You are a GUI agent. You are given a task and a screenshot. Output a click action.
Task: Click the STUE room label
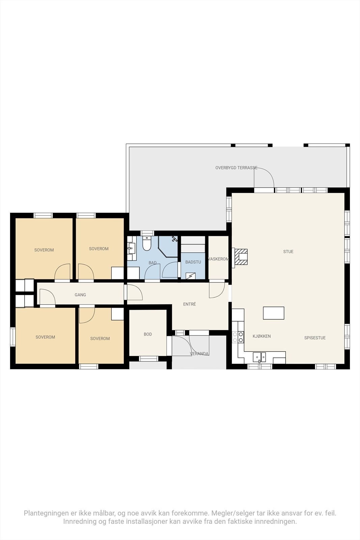pyautogui.click(x=288, y=251)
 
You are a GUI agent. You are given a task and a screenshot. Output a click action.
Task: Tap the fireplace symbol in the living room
pyautogui.click(x=241, y=257)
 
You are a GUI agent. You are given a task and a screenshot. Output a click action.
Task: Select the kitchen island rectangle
pyautogui.click(x=274, y=313)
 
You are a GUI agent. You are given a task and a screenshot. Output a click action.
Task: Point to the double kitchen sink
pyautogui.click(x=259, y=357)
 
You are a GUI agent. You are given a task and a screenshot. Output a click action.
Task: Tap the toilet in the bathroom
pyautogui.click(x=146, y=244)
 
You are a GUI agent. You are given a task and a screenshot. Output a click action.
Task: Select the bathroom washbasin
pyautogui.click(x=131, y=249)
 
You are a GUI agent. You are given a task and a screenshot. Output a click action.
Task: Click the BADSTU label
pyautogui.click(x=193, y=262)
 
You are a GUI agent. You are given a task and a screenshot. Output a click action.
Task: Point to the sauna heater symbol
pyautogui.click(x=191, y=276)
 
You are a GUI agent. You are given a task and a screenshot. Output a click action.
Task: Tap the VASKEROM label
pyautogui.click(x=219, y=259)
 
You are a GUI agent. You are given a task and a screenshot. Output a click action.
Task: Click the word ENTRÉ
pyautogui.click(x=189, y=304)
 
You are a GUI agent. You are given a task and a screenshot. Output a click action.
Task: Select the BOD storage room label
pyautogui.click(x=148, y=334)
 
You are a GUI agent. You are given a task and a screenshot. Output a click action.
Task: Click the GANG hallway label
pyautogui.click(x=80, y=295)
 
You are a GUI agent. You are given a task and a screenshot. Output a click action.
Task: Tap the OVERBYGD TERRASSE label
pyautogui.click(x=236, y=167)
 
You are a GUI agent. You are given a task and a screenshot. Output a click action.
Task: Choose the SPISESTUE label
pyautogui.click(x=315, y=337)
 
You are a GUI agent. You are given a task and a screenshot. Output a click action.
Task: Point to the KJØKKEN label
pyautogui.click(x=261, y=336)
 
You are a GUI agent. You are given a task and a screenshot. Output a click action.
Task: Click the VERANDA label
pyautogui.click(x=199, y=354)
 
